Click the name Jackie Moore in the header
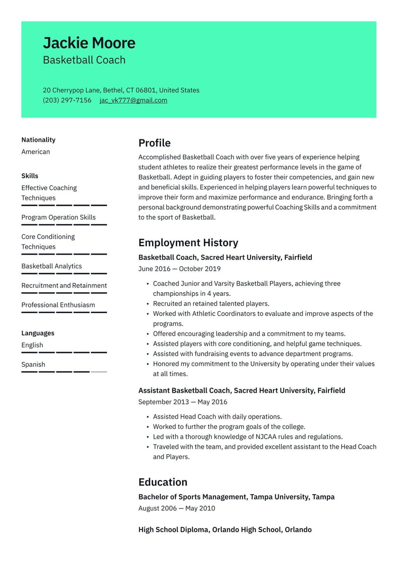pos(89,43)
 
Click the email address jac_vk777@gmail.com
pos(133,100)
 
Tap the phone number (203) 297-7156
pos(67,100)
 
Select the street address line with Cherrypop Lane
pos(121,90)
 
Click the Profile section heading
pos(154,143)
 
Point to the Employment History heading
pos(188,243)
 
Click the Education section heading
pos(163,482)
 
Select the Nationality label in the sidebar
pos(38,140)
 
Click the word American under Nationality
pos(36,152)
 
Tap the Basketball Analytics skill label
pos(52,266)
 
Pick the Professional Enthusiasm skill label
pos(58,305)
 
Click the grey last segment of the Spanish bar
pos(99,372)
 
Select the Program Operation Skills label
pos(58,217)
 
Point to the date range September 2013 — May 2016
pos(183,402)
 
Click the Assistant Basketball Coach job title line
pos(242,391)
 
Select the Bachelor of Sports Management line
pos(236,497)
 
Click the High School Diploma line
pos(225,530)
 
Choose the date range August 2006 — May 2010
pos(177,508)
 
